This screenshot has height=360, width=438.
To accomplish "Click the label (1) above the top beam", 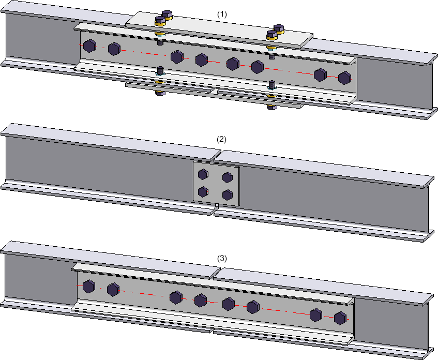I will [x=222, y=15].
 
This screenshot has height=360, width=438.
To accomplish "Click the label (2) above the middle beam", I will [x=222, y=140].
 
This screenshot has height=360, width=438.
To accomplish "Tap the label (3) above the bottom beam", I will [x=222, y=258].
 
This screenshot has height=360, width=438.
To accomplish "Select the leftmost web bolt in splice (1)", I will [x=89, y=46].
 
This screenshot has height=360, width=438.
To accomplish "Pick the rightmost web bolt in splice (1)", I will [x=344, y=78].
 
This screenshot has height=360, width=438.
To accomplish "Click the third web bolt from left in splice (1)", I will [x=177, y=56].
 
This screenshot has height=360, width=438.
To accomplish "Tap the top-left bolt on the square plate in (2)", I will [x=203, y=174].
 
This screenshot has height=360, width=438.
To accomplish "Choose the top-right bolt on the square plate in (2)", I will [x=227, y=177].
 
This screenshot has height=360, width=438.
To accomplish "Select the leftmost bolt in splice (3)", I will [x=88, y=286].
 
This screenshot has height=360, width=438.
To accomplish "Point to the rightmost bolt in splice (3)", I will [x=340, y=318].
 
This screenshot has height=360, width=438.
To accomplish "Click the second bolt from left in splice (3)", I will [x=113, y=289].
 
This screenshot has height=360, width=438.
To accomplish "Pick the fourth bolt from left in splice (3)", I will [x=201, y=300].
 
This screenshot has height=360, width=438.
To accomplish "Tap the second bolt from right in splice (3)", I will [x=315, y=314].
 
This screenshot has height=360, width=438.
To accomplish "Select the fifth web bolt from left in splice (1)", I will [x=232, y=64].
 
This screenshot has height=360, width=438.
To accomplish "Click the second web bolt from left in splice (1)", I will [x=114, y=49].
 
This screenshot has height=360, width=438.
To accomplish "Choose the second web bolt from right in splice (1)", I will [x=320, y=75].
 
